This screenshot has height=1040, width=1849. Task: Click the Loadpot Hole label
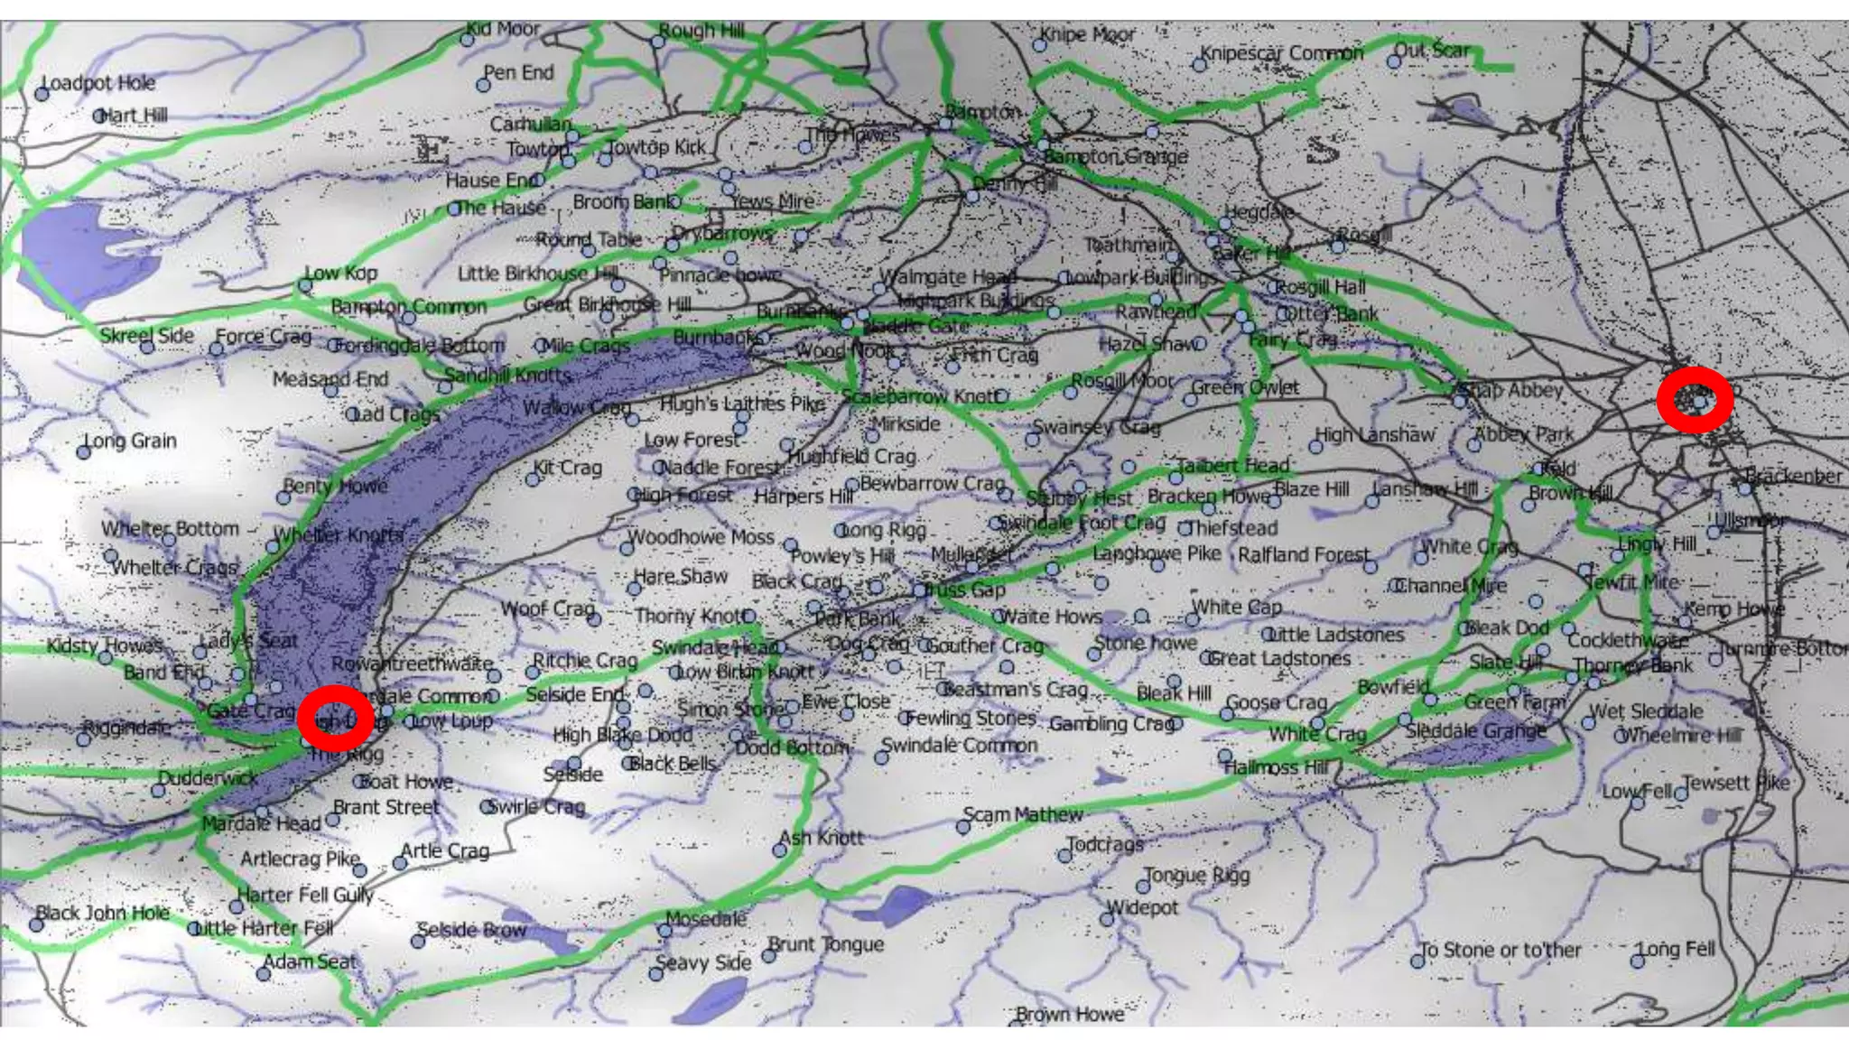click(x=98, y=83)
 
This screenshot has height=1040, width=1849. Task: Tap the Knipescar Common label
click(x=1282, y=53)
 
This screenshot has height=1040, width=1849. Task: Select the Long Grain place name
click(x=130, y=441)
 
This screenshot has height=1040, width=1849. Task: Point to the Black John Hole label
click(x=103, y=913)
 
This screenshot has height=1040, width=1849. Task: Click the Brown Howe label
click(x=1070, y=1014)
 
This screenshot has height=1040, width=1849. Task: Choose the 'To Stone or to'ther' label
click(x=1501, y=950)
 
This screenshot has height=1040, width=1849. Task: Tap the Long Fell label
click(x=1677, y=949)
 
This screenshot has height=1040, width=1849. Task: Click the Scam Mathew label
click(x=1023, y=814)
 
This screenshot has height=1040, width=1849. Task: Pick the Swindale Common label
click(x=960, y=746)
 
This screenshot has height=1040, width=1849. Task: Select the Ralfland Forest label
click(x=1304, y=554)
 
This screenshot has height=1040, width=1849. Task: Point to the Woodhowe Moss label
click(x=701, y=537)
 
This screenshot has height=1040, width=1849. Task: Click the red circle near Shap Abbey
click(x=1696, y=399)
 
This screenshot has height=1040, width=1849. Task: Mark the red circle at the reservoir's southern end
click(x=336, y=718)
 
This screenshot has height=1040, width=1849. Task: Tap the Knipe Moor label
click(x=1087, y=34)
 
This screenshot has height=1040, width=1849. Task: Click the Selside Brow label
click(x=471, y=930)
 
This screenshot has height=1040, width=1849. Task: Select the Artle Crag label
click(x=445, y=850)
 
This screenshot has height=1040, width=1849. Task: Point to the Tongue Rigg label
click(x=1197, y=875)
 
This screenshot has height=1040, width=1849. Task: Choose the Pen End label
click(x=518, y=72)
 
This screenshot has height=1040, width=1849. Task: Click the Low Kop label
click(x=340, y=273)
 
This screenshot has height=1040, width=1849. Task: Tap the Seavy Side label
click(x=703, y=962)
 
